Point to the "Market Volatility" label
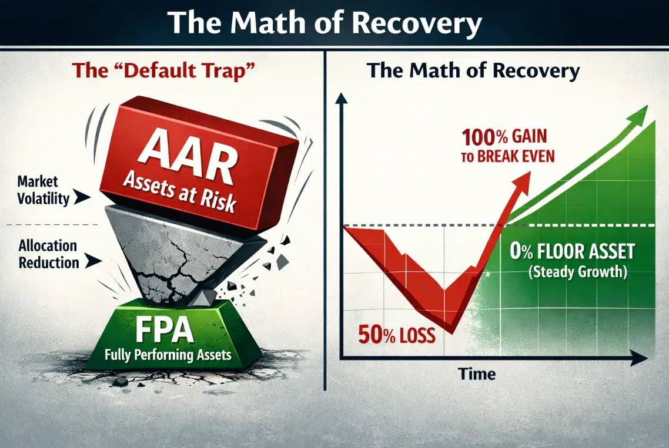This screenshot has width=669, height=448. (42, 190)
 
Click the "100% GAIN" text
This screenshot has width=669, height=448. (504, 138)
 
